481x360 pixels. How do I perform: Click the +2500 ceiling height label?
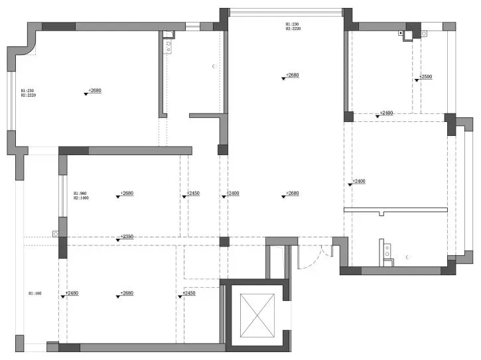[x=425, y=77]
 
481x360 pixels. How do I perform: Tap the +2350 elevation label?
[x=126, y=236]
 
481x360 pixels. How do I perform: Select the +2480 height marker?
[x=71, y=292]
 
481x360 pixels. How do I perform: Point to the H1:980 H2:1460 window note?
[x=81, y=196]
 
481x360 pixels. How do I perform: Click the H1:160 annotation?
[x=34, y=292]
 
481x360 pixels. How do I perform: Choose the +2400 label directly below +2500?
[x=386, y=113]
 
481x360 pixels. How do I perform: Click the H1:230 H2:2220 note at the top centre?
[x=293, y=27]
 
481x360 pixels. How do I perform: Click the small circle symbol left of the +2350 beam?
[x=55, y=233]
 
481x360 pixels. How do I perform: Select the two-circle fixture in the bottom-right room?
[x=384, y=250]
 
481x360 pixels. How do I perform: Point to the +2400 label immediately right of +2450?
[x=232, y=193]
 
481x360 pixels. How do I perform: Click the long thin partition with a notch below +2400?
[x=397, y=210]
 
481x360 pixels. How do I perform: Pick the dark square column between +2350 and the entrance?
[x=224, y=241]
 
